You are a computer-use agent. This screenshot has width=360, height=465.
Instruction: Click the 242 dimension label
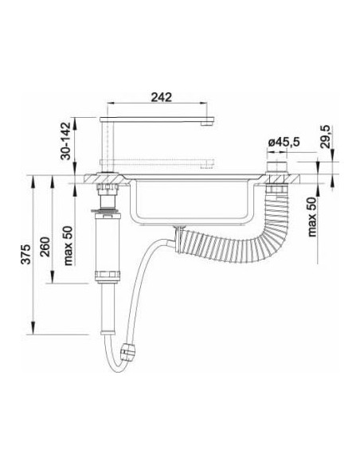click(x=162, y=97)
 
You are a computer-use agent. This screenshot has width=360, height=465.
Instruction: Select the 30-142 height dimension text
click(x=66, y=141)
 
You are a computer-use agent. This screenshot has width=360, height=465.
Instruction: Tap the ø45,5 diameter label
click(x=284, y=143)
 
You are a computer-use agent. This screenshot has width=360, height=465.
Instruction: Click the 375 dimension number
click(x=26, y=254)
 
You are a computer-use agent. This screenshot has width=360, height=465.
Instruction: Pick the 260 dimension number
click(x=45, y=247)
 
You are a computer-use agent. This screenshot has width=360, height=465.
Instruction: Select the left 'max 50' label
click(x=68, y=246)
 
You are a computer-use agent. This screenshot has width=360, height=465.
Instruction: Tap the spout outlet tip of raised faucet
click(x=207, y=123)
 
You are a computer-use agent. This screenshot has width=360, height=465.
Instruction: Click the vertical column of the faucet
click(x=107, y=147)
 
